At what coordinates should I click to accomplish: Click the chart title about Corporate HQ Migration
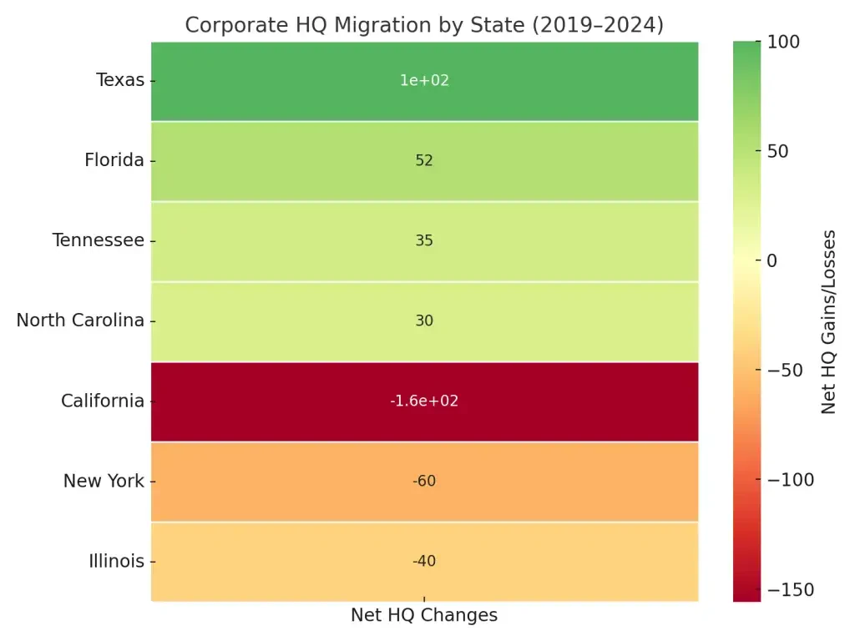pos(424,25)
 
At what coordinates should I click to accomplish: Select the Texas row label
pos(120,80)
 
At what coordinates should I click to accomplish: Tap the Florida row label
pos(114,160)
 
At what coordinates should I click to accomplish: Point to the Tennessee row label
pos(99,240)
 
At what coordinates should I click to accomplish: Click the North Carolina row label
pos(80,320)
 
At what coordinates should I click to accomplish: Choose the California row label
pos(103,401)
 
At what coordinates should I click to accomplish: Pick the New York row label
pos(104,481)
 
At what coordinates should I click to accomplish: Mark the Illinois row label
pos(117,561)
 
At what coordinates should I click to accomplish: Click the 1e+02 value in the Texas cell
pos(424,80)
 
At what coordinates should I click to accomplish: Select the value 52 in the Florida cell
pos(424,160)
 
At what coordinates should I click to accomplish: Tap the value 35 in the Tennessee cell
pos(424,240)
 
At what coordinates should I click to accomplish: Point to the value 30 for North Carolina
pos(424,320)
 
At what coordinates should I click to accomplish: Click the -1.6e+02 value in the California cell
pos(424,401)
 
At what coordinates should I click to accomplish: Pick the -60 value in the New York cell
pos(424,481)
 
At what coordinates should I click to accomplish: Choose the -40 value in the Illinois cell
pos(424,561)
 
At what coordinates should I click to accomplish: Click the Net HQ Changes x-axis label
pos(424,615)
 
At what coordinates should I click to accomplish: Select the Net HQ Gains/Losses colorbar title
pos(828,321)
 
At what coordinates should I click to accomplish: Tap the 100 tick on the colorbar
pos(784,42)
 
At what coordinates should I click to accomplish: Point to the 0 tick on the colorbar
pos(772,260)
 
